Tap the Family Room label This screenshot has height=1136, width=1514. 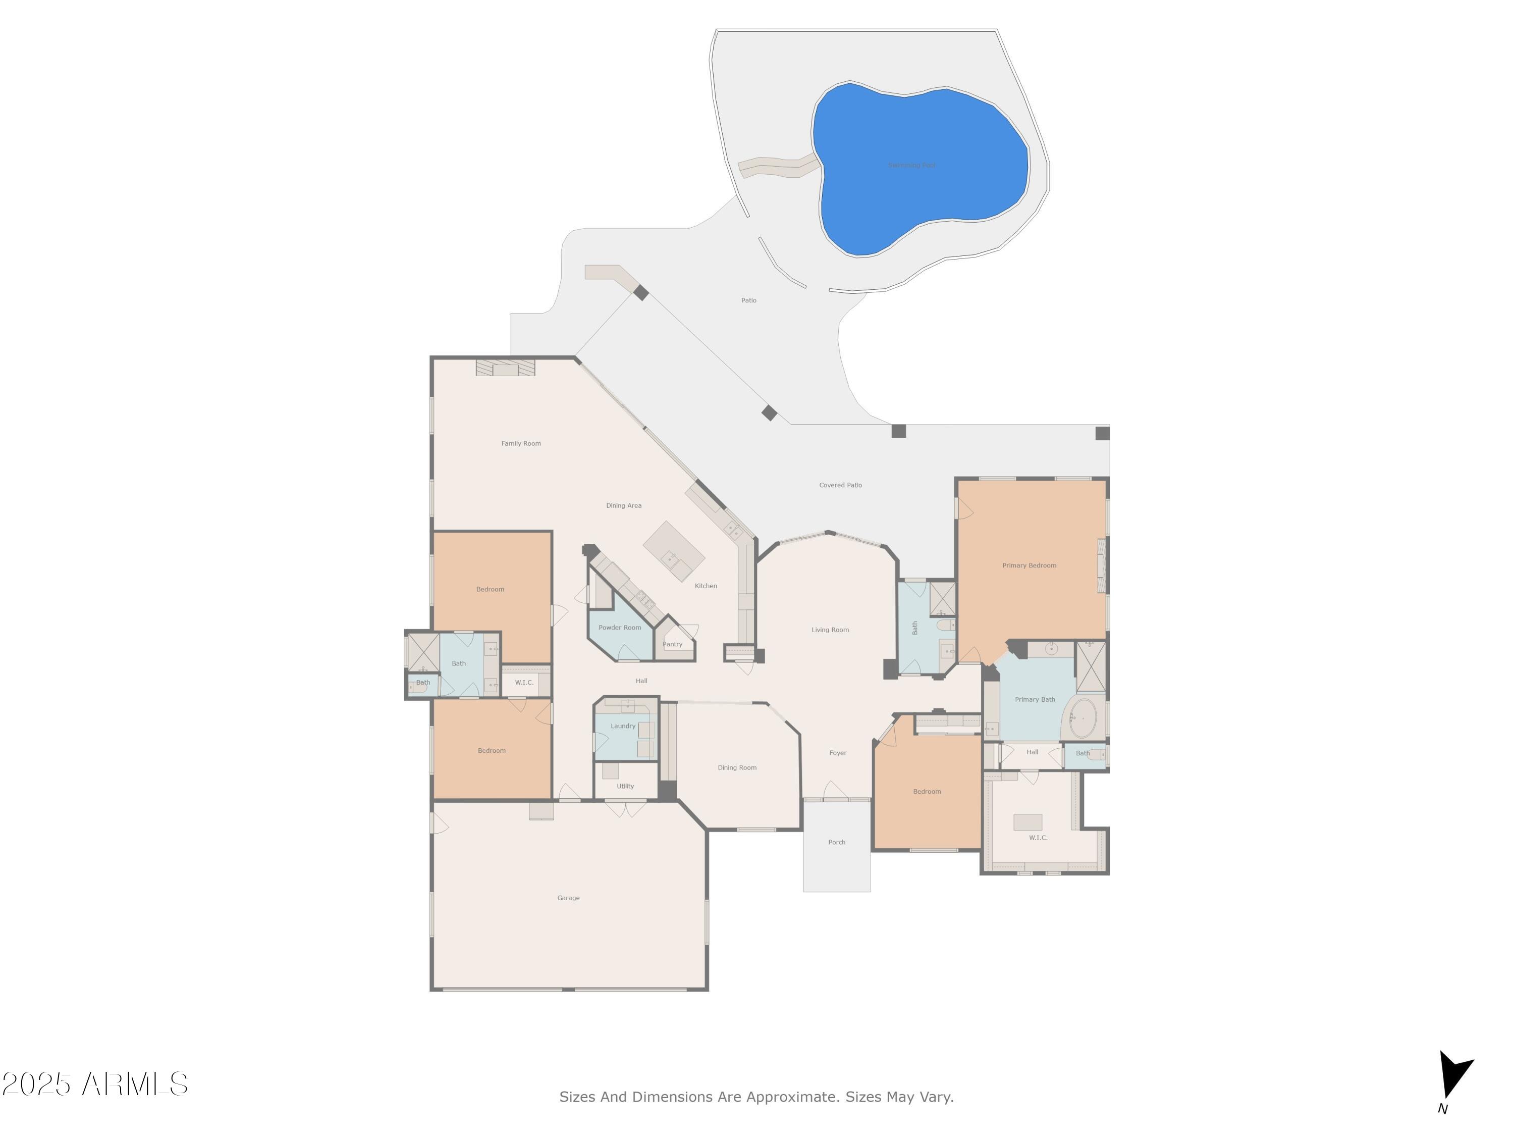click(x=521, y=444)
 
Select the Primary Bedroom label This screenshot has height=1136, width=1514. click(x=1029, y=565)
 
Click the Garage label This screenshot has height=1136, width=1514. click(x=568, y=898)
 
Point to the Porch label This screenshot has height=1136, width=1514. click(x=836, y=842)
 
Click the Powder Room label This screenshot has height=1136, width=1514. click(x=619, y=627)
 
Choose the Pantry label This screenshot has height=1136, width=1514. click(x=672, y=644)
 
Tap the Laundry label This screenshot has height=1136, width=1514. click(x=623, y=726)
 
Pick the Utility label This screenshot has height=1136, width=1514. click(x=625, y=786)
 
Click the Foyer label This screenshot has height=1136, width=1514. click(x=838, y=753)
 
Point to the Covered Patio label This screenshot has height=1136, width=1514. click(x=840, y=485)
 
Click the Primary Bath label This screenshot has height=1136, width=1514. click(x=1034, y=699)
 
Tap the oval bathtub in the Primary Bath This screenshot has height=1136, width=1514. click(x=1083, y=718)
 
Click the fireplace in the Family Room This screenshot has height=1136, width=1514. click(x=505, y=369)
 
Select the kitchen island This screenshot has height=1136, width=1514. click(x=674, y=551)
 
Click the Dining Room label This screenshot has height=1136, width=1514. click(x=736, y=767)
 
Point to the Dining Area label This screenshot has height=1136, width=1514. click(x=624, y=506)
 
